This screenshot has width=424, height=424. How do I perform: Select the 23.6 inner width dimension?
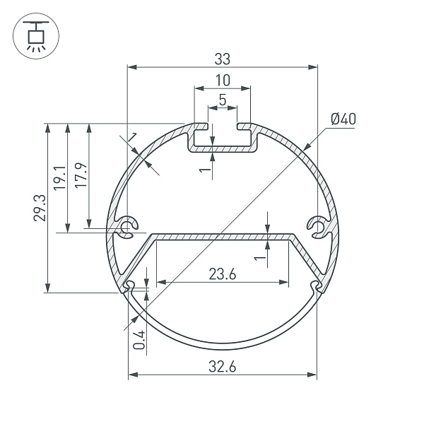coord(222,273)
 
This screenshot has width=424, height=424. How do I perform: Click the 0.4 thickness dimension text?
coord(139,340)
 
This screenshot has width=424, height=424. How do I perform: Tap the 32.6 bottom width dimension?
coord(223,366)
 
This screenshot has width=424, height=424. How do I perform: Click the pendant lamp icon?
coord(33,37)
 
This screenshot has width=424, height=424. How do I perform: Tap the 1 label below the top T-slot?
coord(203,170)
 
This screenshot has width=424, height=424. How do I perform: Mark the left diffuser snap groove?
coord(130,285)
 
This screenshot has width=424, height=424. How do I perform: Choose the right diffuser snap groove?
coord(315,285)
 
